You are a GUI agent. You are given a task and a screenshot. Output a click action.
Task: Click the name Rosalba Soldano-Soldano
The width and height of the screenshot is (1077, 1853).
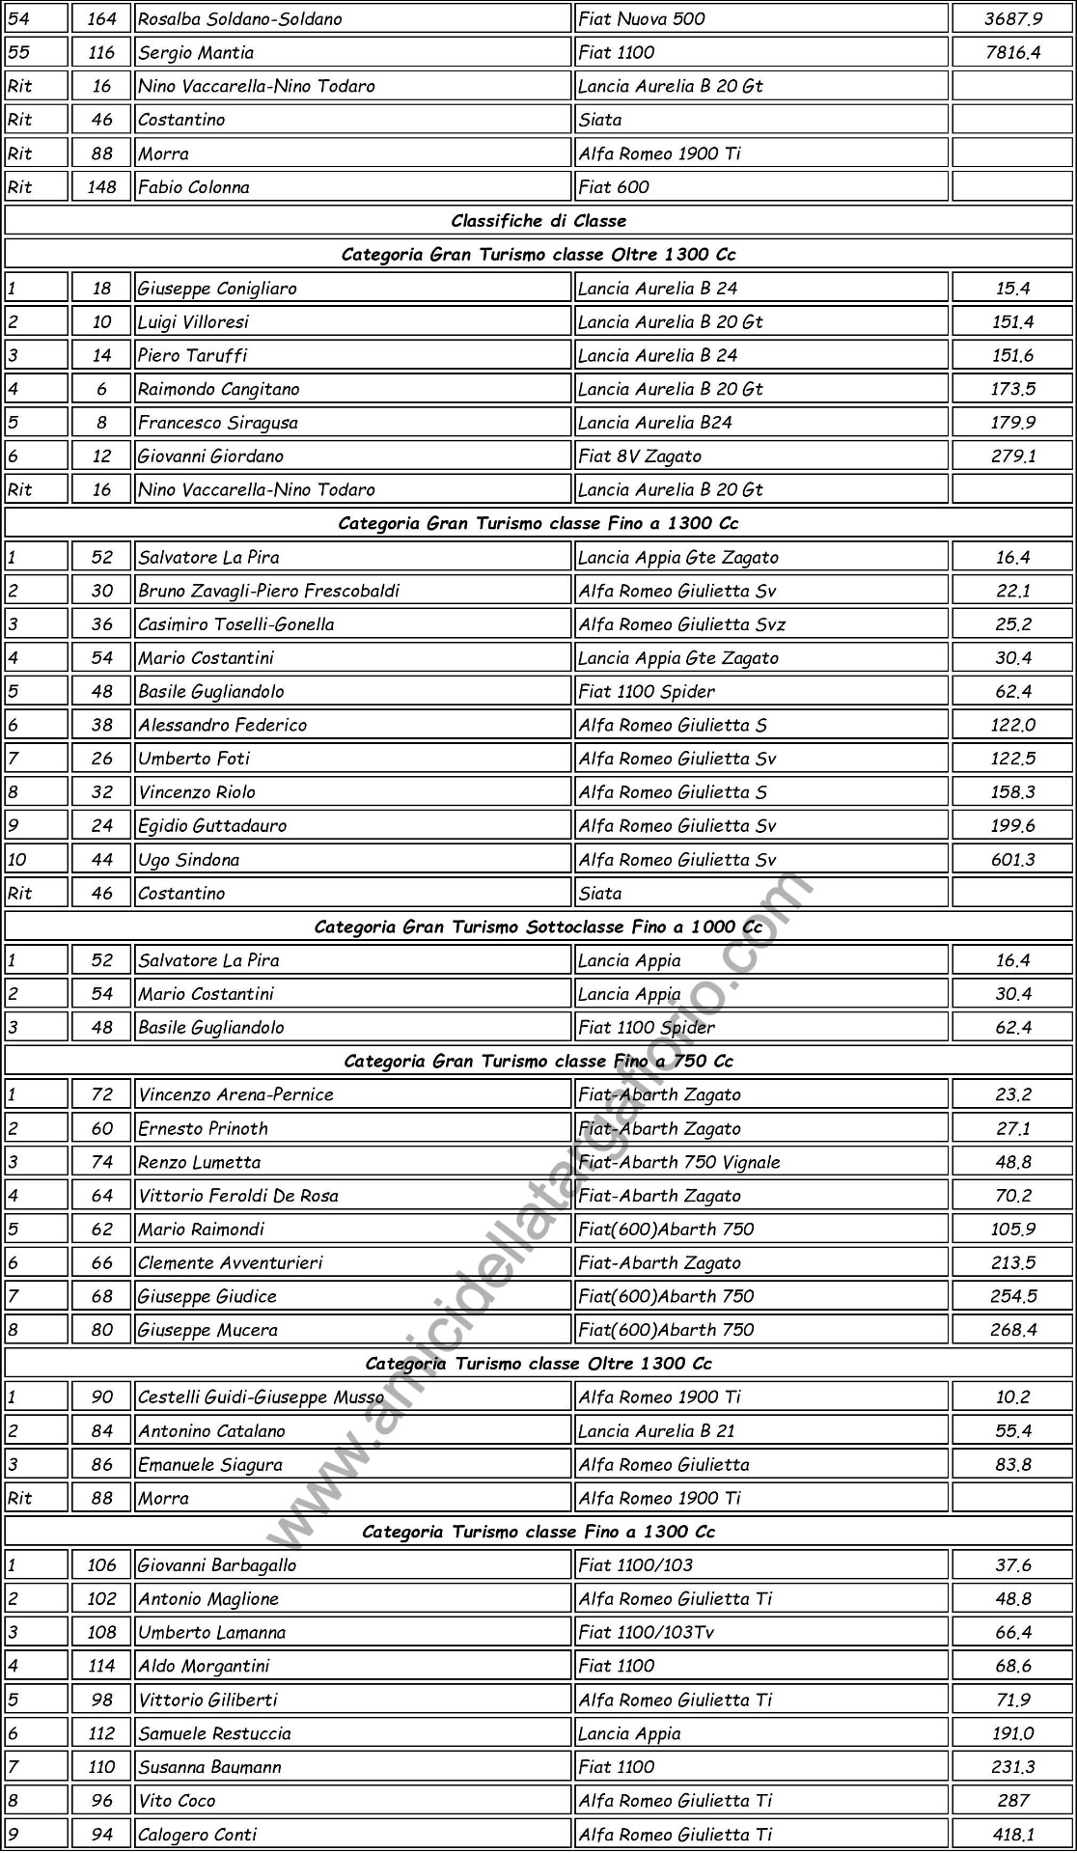coord(240,18)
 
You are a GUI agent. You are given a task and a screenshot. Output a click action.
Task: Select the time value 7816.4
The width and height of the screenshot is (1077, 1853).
coord(1012,52)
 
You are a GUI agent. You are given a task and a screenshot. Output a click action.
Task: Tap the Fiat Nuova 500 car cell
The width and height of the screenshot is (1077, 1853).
coord(642,18)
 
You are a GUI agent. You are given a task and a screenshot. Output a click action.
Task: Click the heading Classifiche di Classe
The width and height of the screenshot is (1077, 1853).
coord(538,221)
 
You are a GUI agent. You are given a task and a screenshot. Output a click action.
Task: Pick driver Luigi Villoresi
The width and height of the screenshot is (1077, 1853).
coord(193,321)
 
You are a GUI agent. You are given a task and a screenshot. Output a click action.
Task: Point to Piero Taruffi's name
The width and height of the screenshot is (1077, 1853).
coord(192,355)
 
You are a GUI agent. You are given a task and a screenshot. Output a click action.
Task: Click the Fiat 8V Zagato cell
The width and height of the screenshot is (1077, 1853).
coord(640,456)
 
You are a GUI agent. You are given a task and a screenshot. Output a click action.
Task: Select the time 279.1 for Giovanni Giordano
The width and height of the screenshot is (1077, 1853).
coord(1012,456)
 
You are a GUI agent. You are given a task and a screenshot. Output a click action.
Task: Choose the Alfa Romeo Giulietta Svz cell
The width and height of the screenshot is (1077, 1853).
coord(681,624)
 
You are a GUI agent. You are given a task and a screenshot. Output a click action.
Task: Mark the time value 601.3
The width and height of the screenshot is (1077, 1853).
coord(1012,860)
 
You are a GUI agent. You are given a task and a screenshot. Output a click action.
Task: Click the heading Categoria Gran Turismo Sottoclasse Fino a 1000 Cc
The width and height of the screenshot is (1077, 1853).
coord(538,927)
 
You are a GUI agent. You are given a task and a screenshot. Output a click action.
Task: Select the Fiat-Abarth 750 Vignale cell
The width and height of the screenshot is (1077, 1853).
coord(679,1162)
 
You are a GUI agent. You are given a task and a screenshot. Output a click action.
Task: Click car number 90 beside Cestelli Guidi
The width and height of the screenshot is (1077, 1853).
coord(101,1397)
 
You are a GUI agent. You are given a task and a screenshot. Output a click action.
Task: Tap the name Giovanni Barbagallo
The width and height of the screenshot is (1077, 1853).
coord(217,1565)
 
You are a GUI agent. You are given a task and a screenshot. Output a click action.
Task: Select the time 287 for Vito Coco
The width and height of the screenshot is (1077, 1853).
coord(1012,1801)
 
